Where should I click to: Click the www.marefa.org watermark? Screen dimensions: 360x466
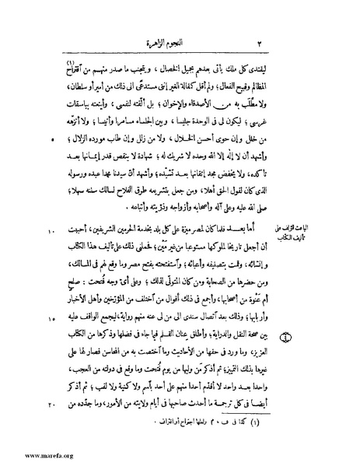31,456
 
